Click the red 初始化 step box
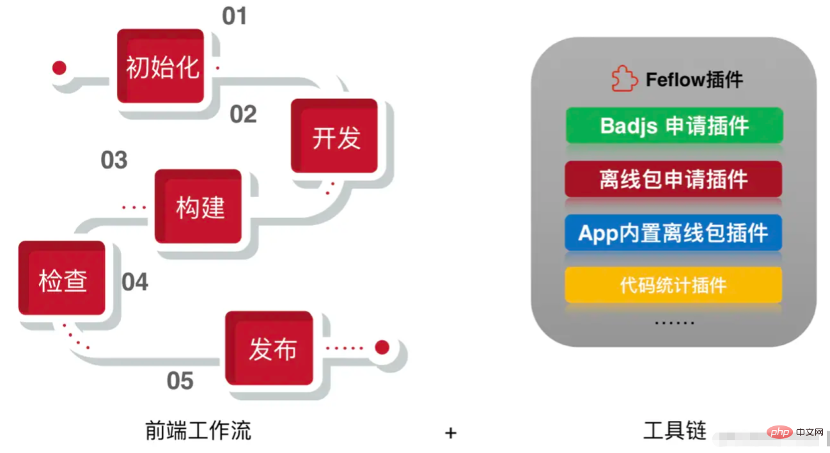click(x=161, y=67)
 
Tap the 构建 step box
click(x=199, y=207)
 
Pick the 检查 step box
click(x=62, y=279)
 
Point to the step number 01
click(x=234, y=17)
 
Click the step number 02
click(x=243, y=115)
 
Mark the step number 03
click(x=114, y=160)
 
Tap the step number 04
click(x=135, y=282)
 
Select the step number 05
click(x=180, y=381)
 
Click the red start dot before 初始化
click(x=59, y=68)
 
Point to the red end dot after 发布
click(x=382, y=347)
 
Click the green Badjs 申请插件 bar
click(x=674, y=125)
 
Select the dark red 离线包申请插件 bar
click(x=673, y=179)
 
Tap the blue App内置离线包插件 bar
click(x=673, y=232)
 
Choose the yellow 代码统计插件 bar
click(x=673, y=285)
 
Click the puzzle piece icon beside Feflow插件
click(x=624, y=79)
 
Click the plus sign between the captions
click(x=451, y=433)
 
